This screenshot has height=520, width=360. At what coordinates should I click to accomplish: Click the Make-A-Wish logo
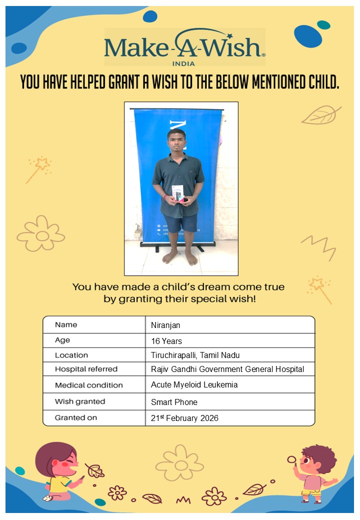click(x=184, y=46)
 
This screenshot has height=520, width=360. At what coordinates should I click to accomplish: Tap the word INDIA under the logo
click(x=184, y=63)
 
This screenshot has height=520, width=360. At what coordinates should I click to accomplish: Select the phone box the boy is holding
click(x=177, y=193)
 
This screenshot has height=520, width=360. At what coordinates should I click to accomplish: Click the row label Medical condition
click(x=88, y=385)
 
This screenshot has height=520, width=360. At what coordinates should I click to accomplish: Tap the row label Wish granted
click(x=80, y=401)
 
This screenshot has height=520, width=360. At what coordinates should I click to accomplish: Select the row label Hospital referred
click(x=86, y=369)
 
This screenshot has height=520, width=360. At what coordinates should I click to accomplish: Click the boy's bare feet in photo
click(x=180, y=257)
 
